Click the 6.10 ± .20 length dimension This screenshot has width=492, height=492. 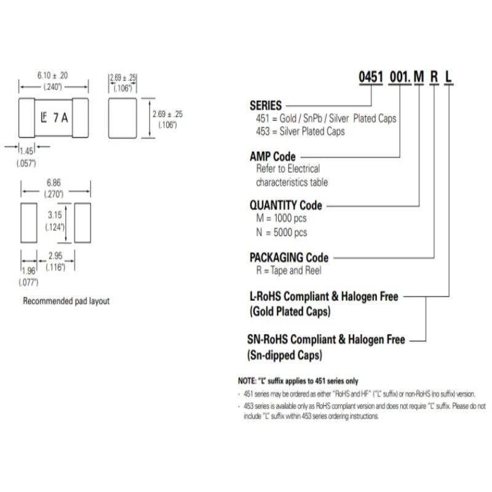point(52,76)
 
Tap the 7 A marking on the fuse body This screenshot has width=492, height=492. point(60,118)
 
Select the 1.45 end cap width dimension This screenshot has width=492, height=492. point(26,151)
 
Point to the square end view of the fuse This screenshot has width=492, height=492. point(122,118)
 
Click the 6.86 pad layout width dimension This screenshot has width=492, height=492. point(54,183)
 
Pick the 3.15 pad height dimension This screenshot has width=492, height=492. point(55,215)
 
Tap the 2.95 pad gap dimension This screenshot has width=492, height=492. point(55,256)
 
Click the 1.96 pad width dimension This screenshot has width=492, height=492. point(28,271)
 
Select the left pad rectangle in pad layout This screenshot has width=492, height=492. point(29,223)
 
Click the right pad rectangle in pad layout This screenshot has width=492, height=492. point(82,223)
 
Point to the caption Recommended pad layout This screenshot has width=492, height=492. point(66,301)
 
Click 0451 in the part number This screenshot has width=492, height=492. point(371,77)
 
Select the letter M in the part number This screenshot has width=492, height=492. point(419,77)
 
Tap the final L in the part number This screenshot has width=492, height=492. point(448,77)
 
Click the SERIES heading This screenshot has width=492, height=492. point(266,106)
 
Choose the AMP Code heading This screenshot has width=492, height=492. point(272,157)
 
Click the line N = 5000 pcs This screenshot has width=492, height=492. point(282,232)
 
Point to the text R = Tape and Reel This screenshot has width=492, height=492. point(288,271)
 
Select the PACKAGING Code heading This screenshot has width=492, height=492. point(289,258)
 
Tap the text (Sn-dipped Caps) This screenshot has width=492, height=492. point(285,355)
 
